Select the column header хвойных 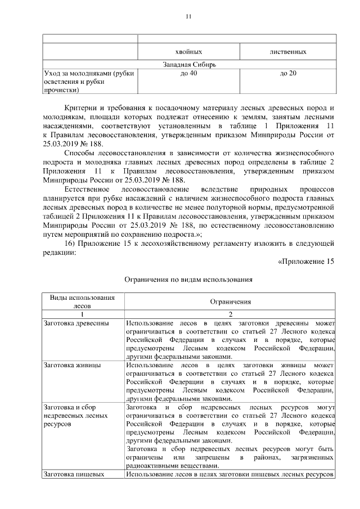(x=188, y=52)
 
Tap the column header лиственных (x=288, y=52)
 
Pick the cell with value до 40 (x=188, y=74)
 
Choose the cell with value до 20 (x=288, y=74)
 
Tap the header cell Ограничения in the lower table (x=231, y=301)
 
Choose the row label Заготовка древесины (x=76, y=323)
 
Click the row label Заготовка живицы (x=73, y=365)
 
